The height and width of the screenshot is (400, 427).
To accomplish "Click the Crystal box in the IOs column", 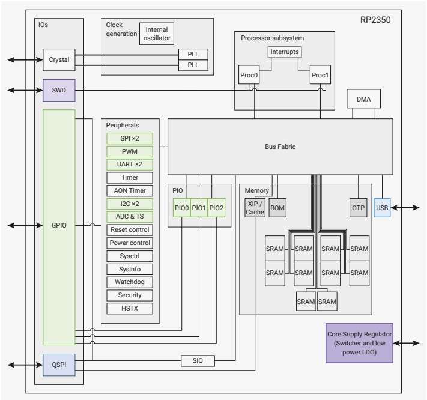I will coord(59,60).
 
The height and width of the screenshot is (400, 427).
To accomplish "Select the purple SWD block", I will coord(59,91).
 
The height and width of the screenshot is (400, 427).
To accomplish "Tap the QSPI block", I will coord(59,365).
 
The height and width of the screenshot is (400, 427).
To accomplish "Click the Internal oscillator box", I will coord(156,34).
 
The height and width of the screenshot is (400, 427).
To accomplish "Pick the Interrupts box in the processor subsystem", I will coord(284,52).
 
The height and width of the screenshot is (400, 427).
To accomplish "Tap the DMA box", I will coord(363,98).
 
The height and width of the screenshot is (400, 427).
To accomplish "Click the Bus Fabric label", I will coord(280,147).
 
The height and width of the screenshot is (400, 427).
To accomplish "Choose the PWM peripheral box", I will coord(130,151).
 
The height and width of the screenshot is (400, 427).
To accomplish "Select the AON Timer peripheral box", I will coord(130,191).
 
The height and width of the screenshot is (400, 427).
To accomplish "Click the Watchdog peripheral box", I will coord(130,282).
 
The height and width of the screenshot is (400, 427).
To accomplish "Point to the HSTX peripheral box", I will coord(130,309).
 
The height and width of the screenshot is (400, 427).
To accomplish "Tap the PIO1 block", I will coord(199,208).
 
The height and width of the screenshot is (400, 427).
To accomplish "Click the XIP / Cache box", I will coord(255,208).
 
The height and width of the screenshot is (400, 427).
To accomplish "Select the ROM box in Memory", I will coord(277,208).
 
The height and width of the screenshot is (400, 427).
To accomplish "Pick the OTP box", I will coord(359,208).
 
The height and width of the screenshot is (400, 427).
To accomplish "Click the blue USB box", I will coord(382,208).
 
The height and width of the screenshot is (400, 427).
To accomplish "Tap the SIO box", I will coord(198,360).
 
